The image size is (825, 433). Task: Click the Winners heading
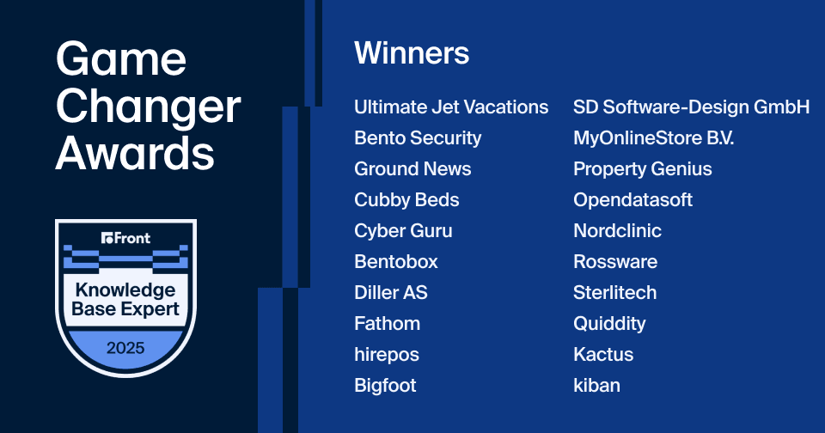tap(412, 53)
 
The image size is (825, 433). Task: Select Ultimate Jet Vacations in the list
tap(451, 107)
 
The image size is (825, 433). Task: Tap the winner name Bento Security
tap(418, 138)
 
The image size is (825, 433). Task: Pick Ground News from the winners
tap(412, 169)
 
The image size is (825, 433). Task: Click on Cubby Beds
tap(406, 200)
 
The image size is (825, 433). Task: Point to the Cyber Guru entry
tap(403, 231)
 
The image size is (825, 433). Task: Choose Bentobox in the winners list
tap(395, 261)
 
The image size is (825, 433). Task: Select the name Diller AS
tap(391, 292)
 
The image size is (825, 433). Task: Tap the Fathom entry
tap(388, 324)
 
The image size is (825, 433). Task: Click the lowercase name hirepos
tap(387, 355)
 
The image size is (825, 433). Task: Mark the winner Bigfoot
tap(385, 386)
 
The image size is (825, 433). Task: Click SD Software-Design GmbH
tap(691, 107)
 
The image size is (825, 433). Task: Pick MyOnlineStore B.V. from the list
tap(653, 138)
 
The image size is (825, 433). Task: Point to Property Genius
tap(643, 169)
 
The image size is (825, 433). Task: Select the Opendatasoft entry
tap(633, 200)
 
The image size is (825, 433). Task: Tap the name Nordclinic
tap(617, 231)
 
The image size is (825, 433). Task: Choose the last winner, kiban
tap(596, 386)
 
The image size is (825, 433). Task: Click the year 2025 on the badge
tap(125, 348)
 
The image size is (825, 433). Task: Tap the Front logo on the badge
tap(125, 238)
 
